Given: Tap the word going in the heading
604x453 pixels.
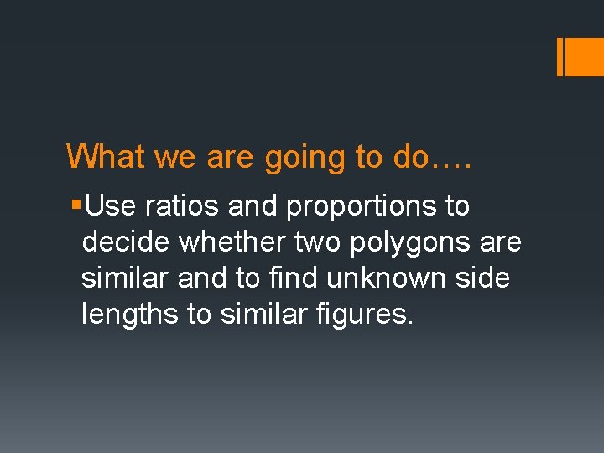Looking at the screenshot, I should pyautogui.click(x=301, y=158).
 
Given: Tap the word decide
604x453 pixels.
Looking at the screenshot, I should pyautogui.click(x=127, y=242).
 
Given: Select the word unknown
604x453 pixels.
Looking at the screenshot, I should pyautogui.click(x=398, y=279).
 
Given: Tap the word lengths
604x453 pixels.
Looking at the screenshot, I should pyautogui.click(x=129, y=315).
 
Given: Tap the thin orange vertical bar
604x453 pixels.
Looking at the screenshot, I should pyautogui.click(x=560, y=56).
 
